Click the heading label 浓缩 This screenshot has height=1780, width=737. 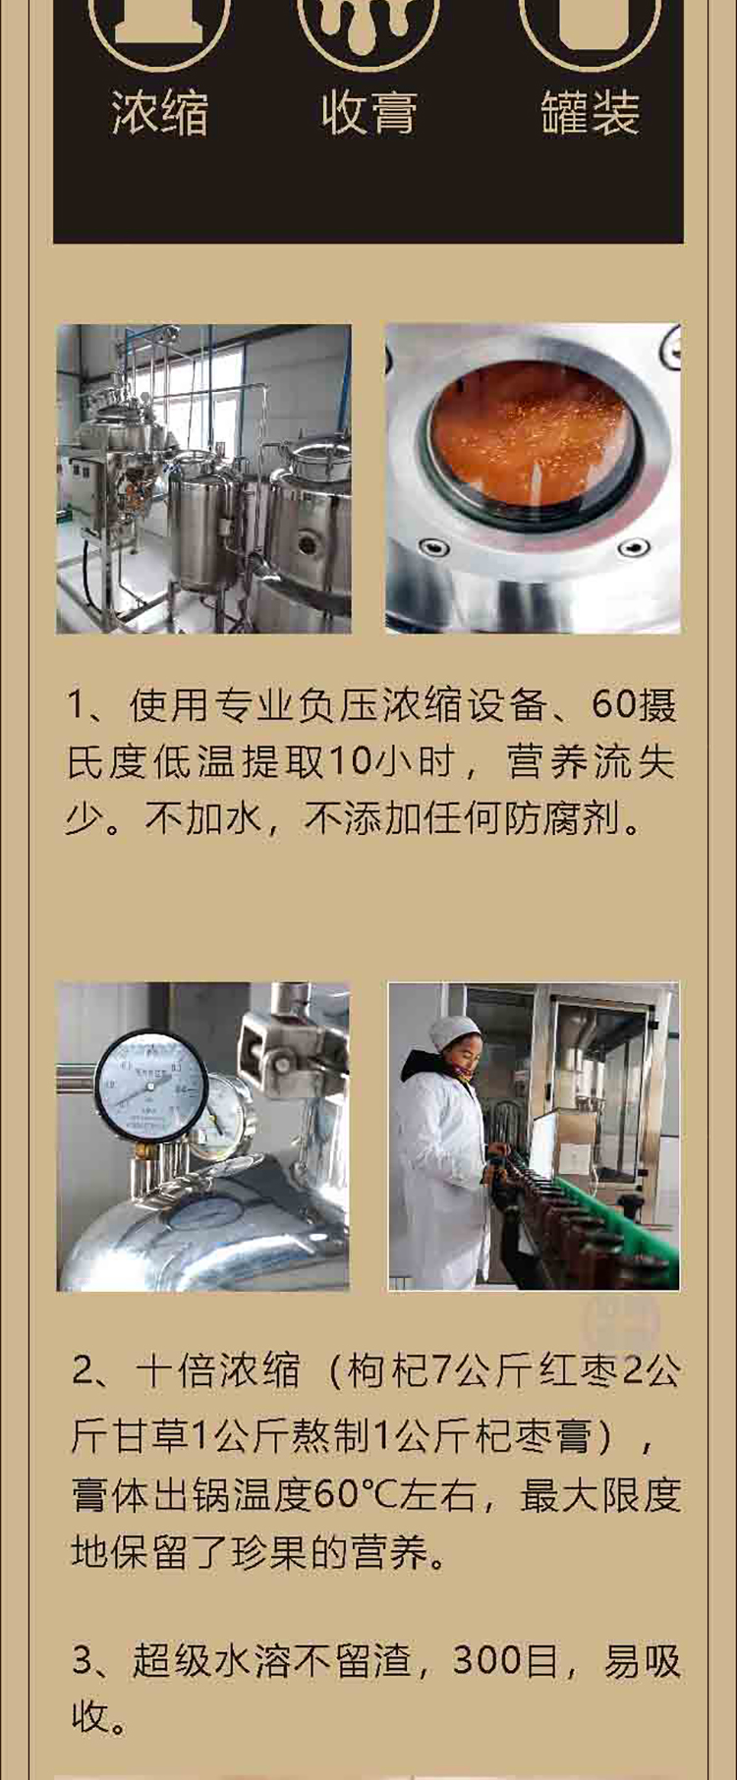tap(159, 112)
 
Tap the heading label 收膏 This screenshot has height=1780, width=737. tap(368, 112)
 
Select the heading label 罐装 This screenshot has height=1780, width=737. tap(590, 112)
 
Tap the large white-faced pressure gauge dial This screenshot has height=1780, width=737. tap(150, 1085)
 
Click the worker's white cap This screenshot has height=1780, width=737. tap(454, 1031)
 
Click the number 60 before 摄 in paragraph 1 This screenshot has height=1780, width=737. tap(613, 705)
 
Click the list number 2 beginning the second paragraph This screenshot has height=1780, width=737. tap(84, 1371)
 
